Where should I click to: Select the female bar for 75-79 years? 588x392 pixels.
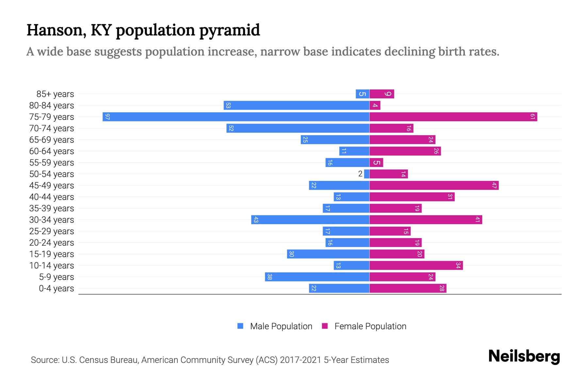453,117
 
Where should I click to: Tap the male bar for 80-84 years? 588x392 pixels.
297,106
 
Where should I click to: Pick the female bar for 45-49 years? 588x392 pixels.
434,186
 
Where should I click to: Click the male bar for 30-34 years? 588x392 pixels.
310,220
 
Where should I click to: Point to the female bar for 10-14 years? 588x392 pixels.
416,266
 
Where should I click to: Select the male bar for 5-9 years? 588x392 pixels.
317,277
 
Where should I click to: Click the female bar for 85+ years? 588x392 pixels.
382,94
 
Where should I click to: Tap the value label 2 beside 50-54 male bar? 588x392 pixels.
360,174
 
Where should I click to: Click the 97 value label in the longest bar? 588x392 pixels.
107,117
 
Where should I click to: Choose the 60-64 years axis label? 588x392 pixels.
52,151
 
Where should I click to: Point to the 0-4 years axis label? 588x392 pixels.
56,288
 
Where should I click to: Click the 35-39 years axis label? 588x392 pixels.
52,208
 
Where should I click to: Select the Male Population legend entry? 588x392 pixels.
281,326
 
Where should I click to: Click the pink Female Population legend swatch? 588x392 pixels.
325,326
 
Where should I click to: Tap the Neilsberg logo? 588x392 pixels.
524,356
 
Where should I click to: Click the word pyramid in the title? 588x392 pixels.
229,30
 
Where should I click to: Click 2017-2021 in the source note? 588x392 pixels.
301,360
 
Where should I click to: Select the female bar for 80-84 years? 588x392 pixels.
375,106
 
